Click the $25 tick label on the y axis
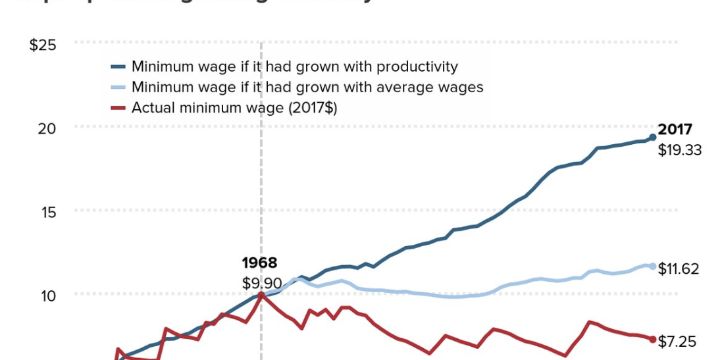click(43, 45)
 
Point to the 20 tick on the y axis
click(47, 127)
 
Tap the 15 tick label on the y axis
click(47, 211)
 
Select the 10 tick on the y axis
click(47, 294)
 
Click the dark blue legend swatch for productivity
click(118, 66)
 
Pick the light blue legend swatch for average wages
click(118, 87)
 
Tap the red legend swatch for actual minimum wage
click(118, 108)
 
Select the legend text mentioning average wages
click(307, 87)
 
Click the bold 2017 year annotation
click(675, 130)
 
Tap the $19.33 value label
click(680, 150)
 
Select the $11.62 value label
click(680, 269)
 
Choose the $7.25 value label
click(677, 342)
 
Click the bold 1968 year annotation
click(259, 263)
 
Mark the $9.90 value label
click(262, 283)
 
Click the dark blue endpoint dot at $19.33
click(652, 137)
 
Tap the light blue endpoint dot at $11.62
click(652, 266)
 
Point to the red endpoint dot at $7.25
click(652, 339)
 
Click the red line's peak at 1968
click(261, 294)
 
